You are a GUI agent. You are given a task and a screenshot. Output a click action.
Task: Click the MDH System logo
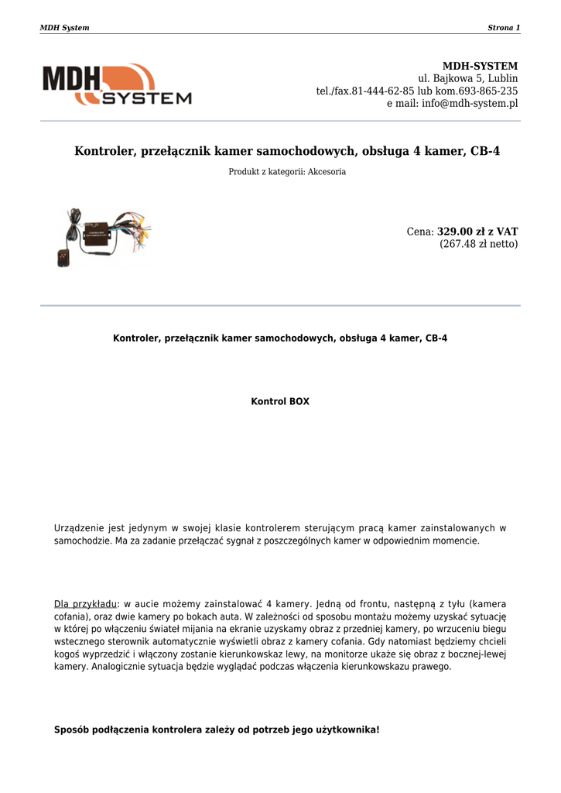(116, 84)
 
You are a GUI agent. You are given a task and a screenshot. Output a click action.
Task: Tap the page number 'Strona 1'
(504, 28)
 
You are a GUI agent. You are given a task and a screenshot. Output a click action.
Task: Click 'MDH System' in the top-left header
(64, 28)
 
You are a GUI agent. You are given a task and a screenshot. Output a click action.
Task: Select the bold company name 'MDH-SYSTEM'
(480, 66)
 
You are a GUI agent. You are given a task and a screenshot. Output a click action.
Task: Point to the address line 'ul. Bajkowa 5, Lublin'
(468, 78)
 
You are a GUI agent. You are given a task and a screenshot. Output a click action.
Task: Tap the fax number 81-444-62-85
(383, 91)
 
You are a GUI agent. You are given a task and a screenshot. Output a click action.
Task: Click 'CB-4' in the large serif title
(485, 151)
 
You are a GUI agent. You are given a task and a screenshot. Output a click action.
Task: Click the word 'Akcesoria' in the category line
(327, 172)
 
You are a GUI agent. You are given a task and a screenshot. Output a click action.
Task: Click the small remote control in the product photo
(63, 259)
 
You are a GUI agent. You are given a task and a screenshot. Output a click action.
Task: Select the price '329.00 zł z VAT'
(477, 232)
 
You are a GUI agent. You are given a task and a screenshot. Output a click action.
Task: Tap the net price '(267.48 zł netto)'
(479, 244)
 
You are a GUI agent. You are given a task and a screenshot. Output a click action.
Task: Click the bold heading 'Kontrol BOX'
(280, 402)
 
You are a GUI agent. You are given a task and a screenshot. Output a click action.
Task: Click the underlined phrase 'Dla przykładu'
(85, 603)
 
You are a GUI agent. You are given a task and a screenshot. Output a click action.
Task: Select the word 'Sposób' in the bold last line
(71, 729)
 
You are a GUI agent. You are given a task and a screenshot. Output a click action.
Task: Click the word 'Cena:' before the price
(420, 232)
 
